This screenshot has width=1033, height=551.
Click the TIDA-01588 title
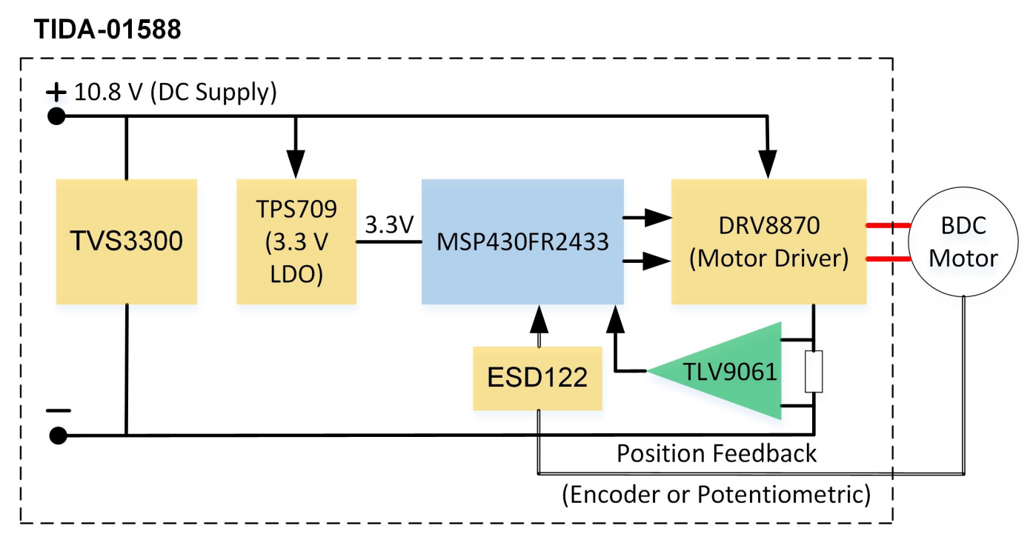pyautogui.click(x=107, y=30)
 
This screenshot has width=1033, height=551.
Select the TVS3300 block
pyautogui.click(x=127, y=241)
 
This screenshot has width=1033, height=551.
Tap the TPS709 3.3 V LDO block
pyautogui.click(x=296, y=241)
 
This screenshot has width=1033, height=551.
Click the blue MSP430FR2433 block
pyautogui.click(x=522, y=241)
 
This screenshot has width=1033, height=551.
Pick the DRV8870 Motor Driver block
pyautogui.click(x=768, y=241)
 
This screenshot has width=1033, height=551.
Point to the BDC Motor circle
pyautogui.click(x=963, y=241)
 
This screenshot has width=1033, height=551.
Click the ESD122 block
pyautogui.click(x=537, y=378)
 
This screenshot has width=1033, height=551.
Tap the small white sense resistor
pyautogui.click(x=814, y=372)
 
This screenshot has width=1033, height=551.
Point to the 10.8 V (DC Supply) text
pyautogui.click(x=176, y=93)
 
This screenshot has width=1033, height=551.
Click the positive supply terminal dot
pyautogui.click(x=56, y=116)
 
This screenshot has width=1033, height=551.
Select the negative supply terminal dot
pyautogui.click(x=56, y=435)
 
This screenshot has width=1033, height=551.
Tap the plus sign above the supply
pyautogui.click(x=56, y=92)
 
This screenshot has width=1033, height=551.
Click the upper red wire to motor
pyautogui.click(x=888, y=224)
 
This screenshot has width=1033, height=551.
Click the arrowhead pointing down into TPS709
pyautogui.click(x=296, y=164)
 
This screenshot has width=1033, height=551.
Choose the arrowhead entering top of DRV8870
pyautogui.click(x=768, y=164)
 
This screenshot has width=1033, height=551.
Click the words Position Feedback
pyautogui.click(x=717, y=453)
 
